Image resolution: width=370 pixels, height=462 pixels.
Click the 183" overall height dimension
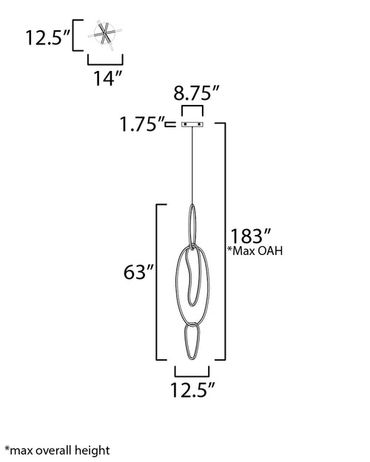point(250,236)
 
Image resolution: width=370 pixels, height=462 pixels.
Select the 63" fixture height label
point(138,272)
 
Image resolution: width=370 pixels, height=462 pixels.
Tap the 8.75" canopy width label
point(196,93)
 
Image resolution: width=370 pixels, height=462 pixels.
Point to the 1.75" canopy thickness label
point(142,124)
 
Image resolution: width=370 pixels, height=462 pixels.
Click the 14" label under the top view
point(107,78)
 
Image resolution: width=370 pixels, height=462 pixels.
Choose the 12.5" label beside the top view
point(48,38)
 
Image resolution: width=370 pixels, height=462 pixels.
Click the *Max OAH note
point(255,251)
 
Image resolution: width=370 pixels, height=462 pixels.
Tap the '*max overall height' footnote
point(57,450)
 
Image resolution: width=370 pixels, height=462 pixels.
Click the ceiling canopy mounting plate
point(192,124)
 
